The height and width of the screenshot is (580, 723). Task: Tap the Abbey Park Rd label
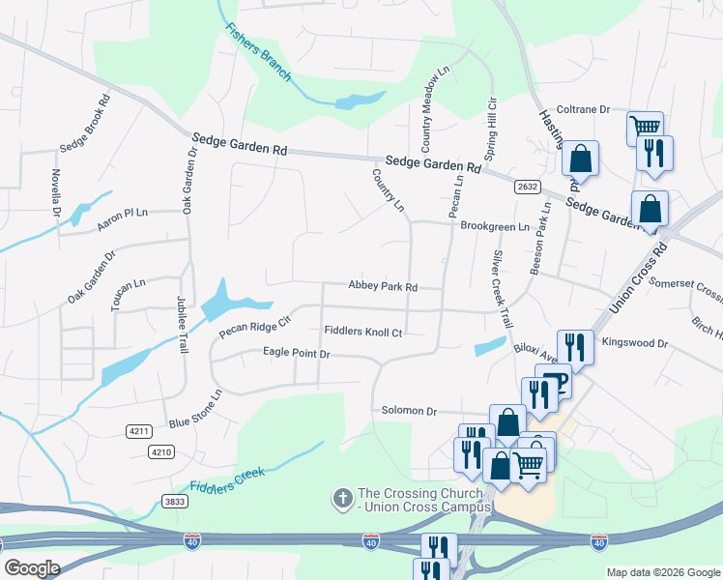383,287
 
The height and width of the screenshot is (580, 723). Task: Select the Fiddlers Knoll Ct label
362,332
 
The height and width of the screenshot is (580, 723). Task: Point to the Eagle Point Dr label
297,355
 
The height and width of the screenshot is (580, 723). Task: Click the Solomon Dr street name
409,411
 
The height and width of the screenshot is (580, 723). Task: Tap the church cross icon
341,499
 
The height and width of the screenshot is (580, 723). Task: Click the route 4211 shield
138,430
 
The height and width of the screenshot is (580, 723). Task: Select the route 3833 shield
175,502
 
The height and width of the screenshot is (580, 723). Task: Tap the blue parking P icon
558,384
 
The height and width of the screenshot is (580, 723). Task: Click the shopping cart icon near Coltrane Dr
645,127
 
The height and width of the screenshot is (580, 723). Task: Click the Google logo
32,568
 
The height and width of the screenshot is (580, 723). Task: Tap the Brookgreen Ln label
495,226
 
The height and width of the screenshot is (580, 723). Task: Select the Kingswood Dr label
635,343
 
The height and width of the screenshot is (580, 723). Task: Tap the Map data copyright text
662,572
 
